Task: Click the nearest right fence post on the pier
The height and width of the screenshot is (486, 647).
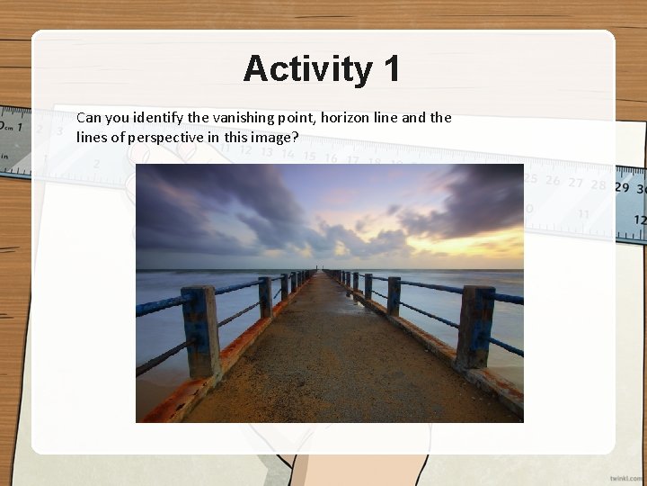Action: tap(474, 326)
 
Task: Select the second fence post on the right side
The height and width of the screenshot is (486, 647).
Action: tap(394, 296)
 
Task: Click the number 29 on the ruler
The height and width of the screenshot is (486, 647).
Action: tap(622, 187)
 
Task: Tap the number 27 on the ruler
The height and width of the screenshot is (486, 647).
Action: tap(576, 184)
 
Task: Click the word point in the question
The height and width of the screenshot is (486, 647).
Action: tap(305, 118)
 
